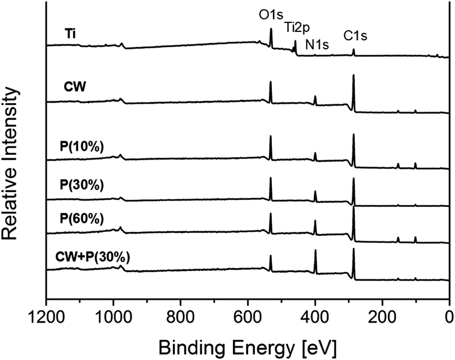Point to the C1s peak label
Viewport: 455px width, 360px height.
tap(355, 35)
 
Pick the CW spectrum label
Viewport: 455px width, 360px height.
tap(75, 87)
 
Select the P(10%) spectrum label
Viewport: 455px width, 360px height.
tap(82, 145)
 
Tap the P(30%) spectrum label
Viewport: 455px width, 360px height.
tap(82, 184)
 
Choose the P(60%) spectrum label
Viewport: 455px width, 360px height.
tap(82, 218)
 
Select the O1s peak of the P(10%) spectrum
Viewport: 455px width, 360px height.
tap(271, 137)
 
